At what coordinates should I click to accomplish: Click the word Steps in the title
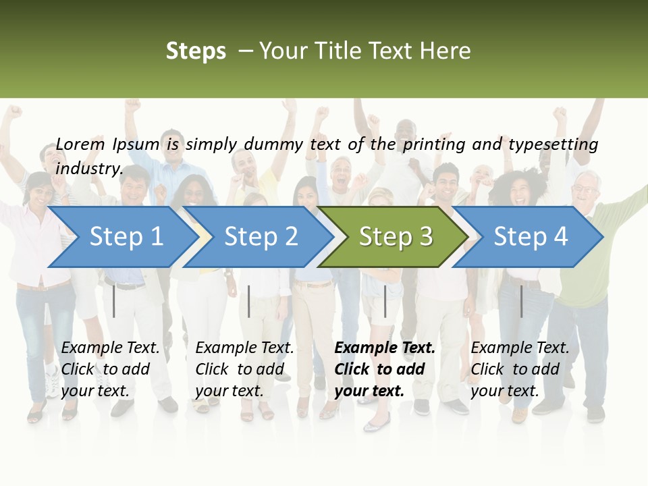pyautogui.click(x=196, y=51)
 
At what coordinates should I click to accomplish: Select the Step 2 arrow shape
pyautogui.click(x=261, y=237)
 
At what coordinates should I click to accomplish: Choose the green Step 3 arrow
pyautogui.click(x=395, y=237)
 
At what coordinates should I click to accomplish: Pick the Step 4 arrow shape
pyautogui.click(x=530, y=237)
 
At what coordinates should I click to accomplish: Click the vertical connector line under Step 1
pyautogui.click(x=114, y=301)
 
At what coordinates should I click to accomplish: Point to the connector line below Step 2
pyautogui.click(x=249, y=301)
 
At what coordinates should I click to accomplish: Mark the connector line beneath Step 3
pyautogui.click(x=385, y=301)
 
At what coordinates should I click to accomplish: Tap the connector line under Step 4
pyautogui.click(x=521, y=301)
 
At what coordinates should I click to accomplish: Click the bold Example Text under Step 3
pyautogui.click(x=385, y=348)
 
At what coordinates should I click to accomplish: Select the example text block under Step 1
pyautogui.click(x=110, y=369)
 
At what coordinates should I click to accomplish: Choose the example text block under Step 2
pyautogui.click(x=244, y=369)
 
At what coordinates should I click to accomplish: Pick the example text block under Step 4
pyautogui.click(x=520, y=369)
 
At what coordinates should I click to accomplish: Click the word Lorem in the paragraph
pyautogui.click(x=80, y=144)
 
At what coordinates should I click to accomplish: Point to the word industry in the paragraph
pyautogui.click(x=89, y=168)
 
